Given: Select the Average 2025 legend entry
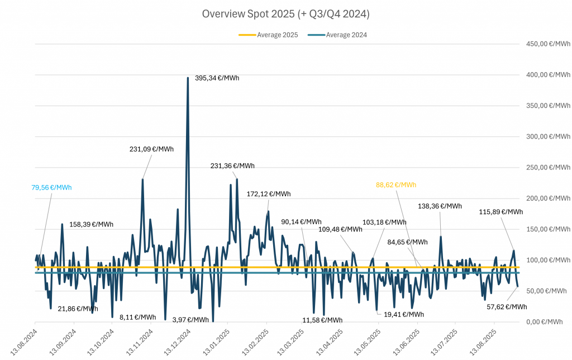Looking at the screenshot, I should point(268,35).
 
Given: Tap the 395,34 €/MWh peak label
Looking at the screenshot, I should point(217,78).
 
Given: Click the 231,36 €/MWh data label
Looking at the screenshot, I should point(232,165).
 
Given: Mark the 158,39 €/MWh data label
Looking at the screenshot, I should point(91,225).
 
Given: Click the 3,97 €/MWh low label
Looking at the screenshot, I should point(190,320).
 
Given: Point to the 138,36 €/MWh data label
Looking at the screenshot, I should point(440,206).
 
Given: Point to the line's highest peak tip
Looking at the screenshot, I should point(188,78).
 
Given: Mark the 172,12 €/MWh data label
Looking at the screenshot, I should point(269,194).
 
